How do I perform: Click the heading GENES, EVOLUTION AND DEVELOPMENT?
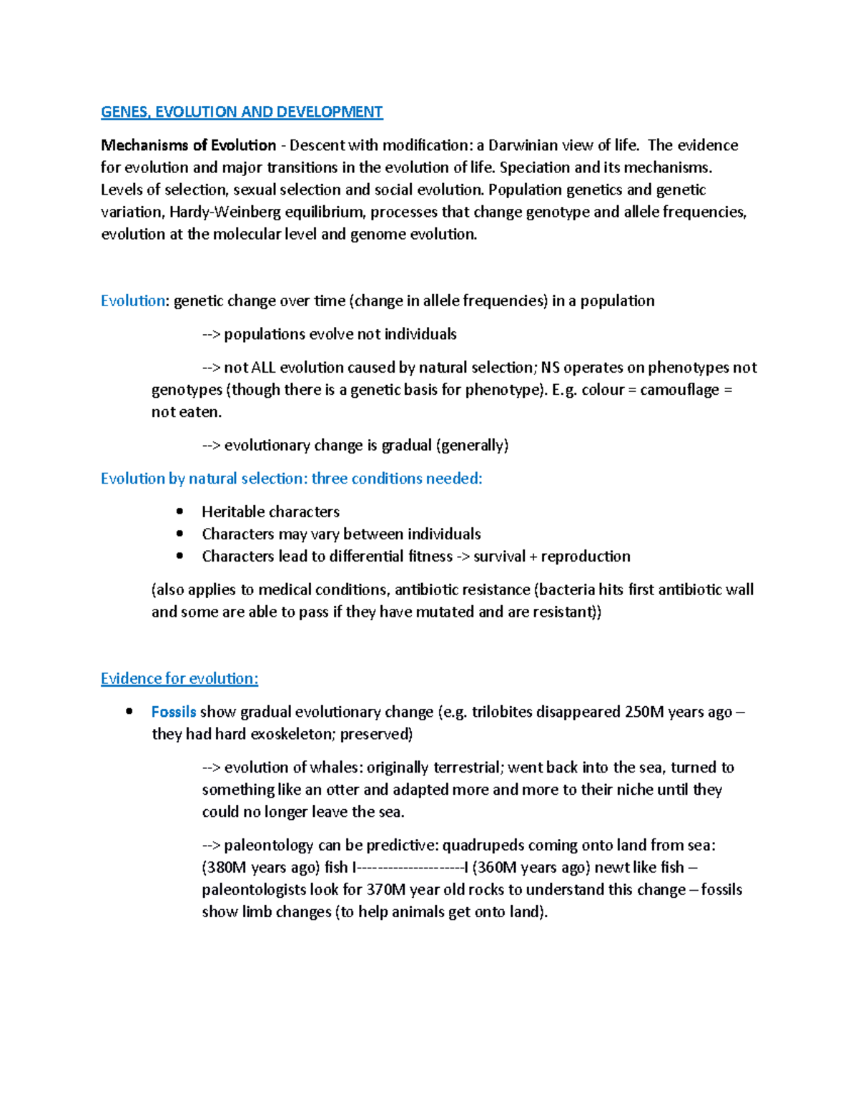pyautogui.click(x=242, y=112)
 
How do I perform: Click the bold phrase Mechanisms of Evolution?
pyautogui.click(x=188, y=145)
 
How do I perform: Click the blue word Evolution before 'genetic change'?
pyautogui.click(x=133, y=300)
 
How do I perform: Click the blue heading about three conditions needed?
pyautogui.click(x=292, y=479)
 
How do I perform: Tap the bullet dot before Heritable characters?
pyautogui.click(x=179, y=512)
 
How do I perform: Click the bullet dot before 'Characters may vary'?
pyautogui.click(x=179, y=534)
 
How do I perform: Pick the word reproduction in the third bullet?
pyautogui.click(x=586, y=556)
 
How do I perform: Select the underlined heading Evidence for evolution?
pyautogui.click(x=179, y=678)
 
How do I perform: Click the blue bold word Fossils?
pyautogui.click(x=174, y=712)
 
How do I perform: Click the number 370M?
pyautogui.click(x=386, y=889)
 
